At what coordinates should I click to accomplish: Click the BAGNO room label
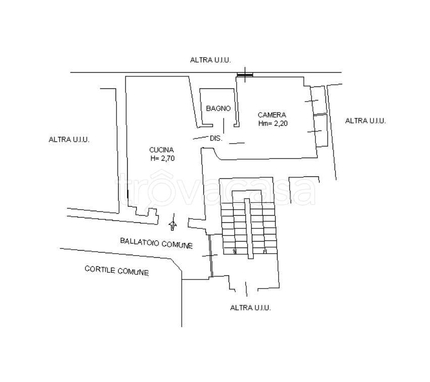click(x=219, y=109)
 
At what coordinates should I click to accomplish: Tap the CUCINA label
click(x=162, y=150)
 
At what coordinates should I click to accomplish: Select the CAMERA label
click(x=272, y=115)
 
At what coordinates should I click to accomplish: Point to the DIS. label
click(x=216, y=138)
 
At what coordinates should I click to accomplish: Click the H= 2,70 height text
click(x=163, y=159)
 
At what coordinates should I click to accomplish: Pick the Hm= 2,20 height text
click(x=273, y=124)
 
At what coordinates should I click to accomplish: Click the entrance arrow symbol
click(x=173, y=225)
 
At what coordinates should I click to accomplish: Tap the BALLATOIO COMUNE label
click(x=156, y=243)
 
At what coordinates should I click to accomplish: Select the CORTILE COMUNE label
click(x=117, y=270)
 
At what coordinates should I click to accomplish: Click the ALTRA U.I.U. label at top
click(x=210, y=60)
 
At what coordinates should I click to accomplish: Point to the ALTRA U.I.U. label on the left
click(x=69, y=139)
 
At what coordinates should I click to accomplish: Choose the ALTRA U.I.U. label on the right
click(x=365, y=121)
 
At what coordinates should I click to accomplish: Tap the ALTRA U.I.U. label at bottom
click(x=250, y=308)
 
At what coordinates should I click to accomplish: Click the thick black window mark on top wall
click(x=245, y=74)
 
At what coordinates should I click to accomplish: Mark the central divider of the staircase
click(x=249, y=228)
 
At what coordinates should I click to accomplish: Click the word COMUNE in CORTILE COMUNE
click(x=133, y=272)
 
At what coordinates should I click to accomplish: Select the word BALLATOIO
click(x=139, y=242)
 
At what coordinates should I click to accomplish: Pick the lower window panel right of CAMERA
click(x=320, y=130)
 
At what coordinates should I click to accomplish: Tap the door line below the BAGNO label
click(x=224, y=126)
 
